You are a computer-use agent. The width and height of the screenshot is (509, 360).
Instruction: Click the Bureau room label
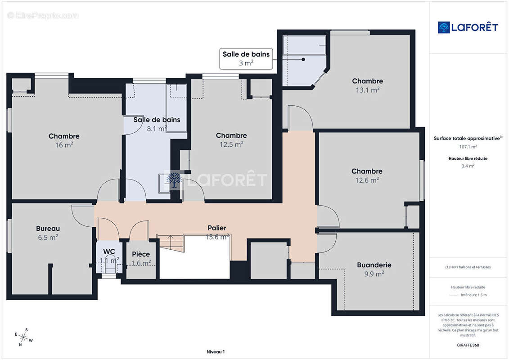tap(48, 229)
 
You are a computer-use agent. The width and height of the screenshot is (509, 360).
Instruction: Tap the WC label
tap(109, 252)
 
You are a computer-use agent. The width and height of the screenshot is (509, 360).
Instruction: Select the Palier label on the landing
tap(217, 228)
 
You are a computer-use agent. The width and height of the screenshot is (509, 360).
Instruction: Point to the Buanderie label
tap(374, 265)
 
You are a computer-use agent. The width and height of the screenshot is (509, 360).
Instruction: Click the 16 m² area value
tap(64, 145)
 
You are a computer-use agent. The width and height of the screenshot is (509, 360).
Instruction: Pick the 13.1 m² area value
tap(368, 90)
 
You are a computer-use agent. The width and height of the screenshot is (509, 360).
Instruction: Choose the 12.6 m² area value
tap(367, 180)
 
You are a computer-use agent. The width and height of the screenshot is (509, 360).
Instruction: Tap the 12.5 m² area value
tap(231, 144)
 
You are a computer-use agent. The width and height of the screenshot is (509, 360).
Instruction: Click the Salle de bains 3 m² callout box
tap(246, 59)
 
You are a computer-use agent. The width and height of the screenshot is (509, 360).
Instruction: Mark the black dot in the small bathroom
tap(303, 59)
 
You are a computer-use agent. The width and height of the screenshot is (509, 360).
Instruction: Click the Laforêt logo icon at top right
tap(443, 27)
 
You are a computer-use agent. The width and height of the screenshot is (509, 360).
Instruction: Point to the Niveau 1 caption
tap(216, 352)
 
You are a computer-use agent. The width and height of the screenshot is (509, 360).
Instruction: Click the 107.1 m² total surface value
tap(468, 147)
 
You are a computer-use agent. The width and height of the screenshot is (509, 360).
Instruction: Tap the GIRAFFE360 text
tap(468, 345)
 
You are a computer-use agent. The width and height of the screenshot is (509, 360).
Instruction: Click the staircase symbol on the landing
tap(171, 243)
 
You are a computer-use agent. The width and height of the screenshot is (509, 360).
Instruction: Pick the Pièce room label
tap(141, 254)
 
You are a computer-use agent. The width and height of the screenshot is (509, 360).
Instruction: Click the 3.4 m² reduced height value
tap(468, 166)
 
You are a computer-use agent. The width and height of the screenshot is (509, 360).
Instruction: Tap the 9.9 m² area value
tap(374, 274)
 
